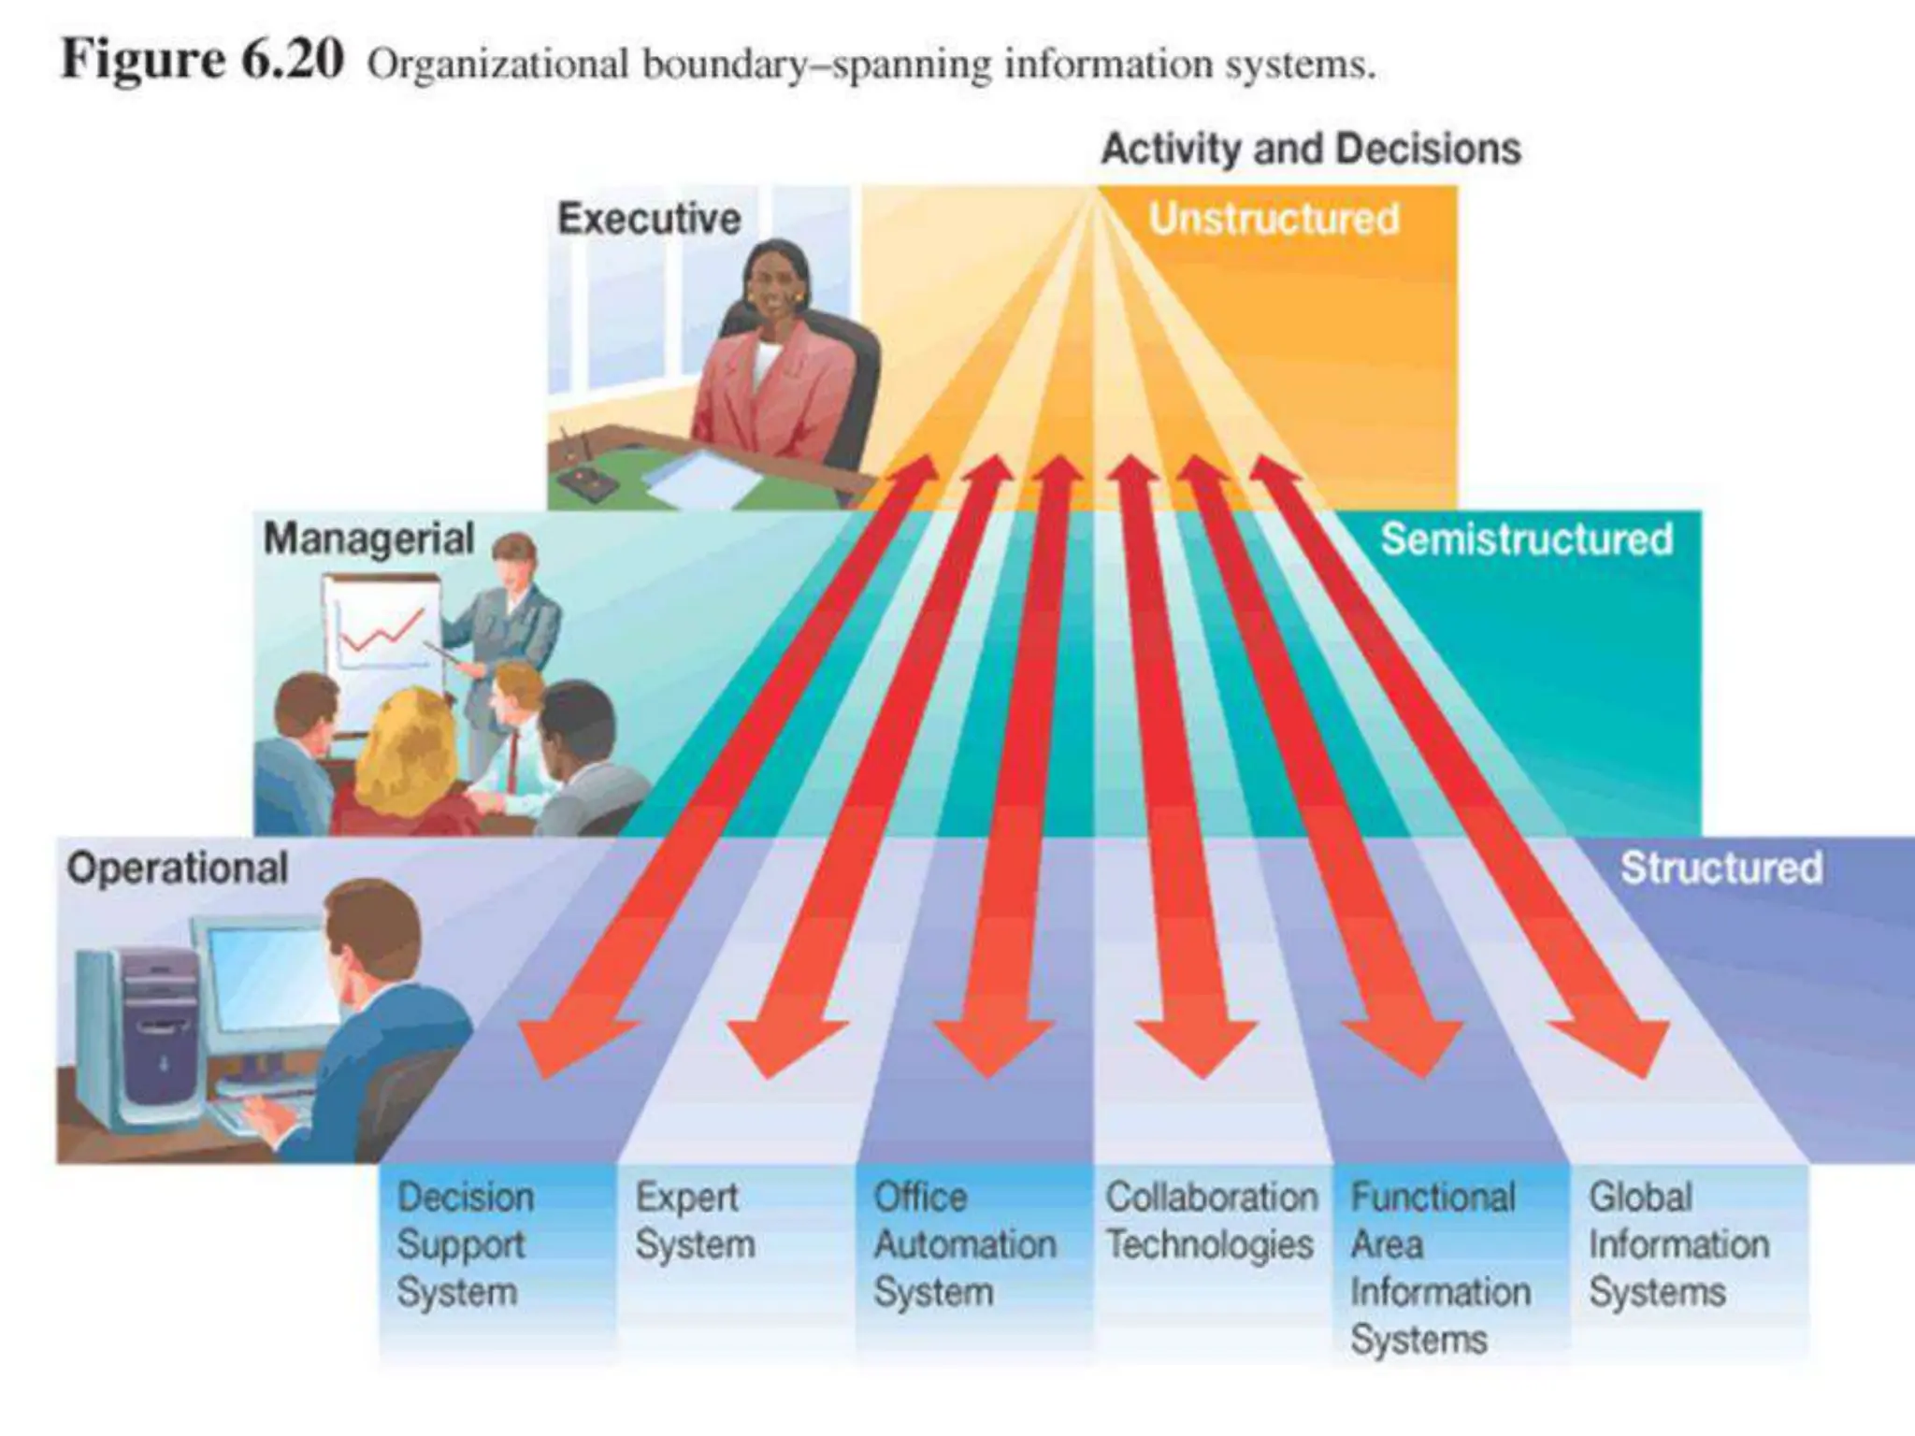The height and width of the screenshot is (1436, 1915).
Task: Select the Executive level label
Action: pyautogui.click(x=649, y=219)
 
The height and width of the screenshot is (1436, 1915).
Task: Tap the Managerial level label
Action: pyautogui.click(x=368, y=539)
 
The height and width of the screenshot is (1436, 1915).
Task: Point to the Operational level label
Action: pyautogui.click(x=177, y=869)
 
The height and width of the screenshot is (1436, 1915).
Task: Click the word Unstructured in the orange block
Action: pyautogui.click(x=1274, y=219)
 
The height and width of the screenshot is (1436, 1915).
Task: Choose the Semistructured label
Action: pyautogui.click(x=1526, y=539)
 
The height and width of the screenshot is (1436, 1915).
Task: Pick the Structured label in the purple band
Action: pyautogui.click(x=1721, y=869)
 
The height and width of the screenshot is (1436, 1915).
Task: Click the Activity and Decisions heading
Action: pyautogui.click(x=1311, y=149)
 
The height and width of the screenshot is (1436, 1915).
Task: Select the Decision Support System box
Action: pyautogui.click(x=466, y=1244)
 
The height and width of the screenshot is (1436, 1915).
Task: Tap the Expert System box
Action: pyautogui.click(x=694, y=1221)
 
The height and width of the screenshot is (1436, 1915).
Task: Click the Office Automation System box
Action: pyautogui.click(x=965, y=1244)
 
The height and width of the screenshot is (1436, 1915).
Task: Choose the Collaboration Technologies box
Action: pyautogui.click(x=1211, y=1221)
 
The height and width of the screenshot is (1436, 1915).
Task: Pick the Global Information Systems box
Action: pyautogui.click(x=1678, y=1244)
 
